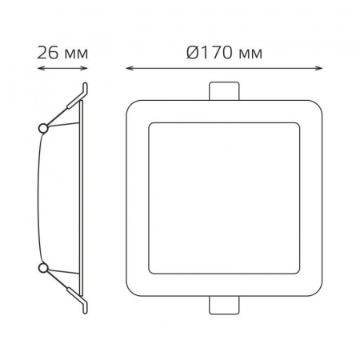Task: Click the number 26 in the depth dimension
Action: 47,53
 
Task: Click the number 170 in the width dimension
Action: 215,53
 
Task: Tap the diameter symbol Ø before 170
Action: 193,53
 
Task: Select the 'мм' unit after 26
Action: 76,54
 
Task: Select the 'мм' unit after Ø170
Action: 250,54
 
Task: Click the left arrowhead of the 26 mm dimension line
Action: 40,68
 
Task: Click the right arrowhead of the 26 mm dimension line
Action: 85,68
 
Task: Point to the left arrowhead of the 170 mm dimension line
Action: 129,68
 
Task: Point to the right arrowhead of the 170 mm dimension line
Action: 319,68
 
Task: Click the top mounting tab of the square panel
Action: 224,91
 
